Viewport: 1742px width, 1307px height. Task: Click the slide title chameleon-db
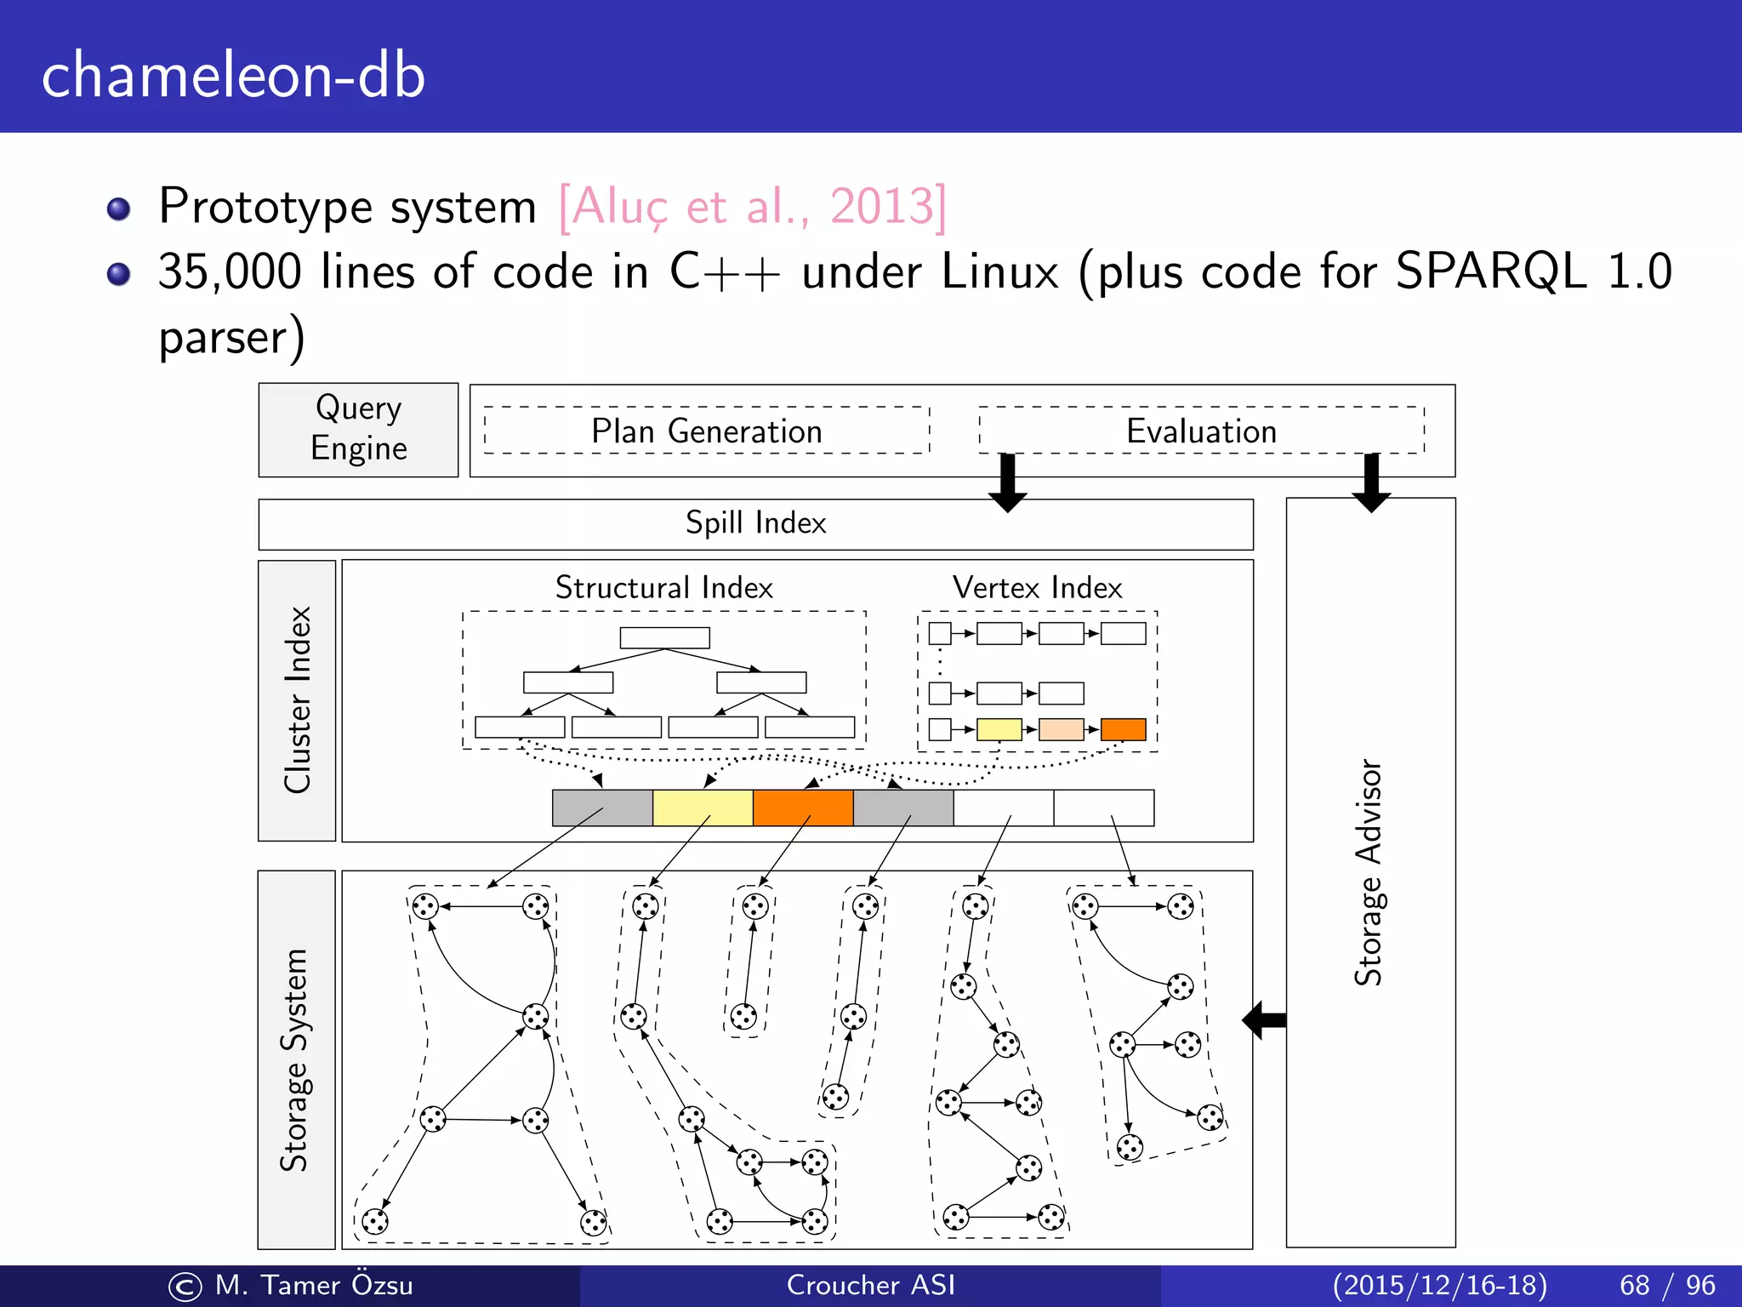pyautogui.click(x=233, y=75)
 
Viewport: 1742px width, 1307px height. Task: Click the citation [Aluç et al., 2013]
pyautogui.click(x=752, y=206)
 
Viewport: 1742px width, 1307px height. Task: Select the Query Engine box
pyautogui.click(x=358, y=430)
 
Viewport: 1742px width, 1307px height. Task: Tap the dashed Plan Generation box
pyautogui.click(x=706, y=431)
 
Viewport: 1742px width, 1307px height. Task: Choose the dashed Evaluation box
pyautogui.click(x=1201, y=431)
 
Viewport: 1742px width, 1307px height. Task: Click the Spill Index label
pyautogui.click(x=755, y=522)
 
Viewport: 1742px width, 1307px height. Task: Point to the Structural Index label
pyautogui.click(x=663, y=587)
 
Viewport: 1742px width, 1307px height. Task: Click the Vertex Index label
pyautogui.click(x=1037, y=587)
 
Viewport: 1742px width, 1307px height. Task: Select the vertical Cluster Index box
pyautogui.click(x=297, y=700)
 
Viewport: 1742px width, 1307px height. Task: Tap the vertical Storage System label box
pyautogui.click(x=296, y=1059)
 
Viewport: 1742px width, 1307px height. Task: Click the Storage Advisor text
pyautogui.click(x=1369, y=872)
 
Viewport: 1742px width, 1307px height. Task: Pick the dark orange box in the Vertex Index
pyautogui.click(x=1123, y=729)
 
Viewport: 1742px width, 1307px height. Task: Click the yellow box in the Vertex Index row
pyautogui.click(x=999, y=729)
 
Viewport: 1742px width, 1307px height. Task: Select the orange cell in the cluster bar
pyautogui.click(x=803, y=808)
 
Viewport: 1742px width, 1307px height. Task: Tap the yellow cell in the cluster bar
pyautogui.click(x=703, y=808)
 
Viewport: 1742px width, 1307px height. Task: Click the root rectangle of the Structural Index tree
pyautogui.click(x=664, y=637)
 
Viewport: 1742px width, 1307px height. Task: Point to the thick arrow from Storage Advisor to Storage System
pyautogui.click(x=1265, y=1019)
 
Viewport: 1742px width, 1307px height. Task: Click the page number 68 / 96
pyautogui.click(x=1667, y=1285)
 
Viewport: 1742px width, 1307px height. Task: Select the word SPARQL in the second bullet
pyautogui.click(x=1490, y=272)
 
